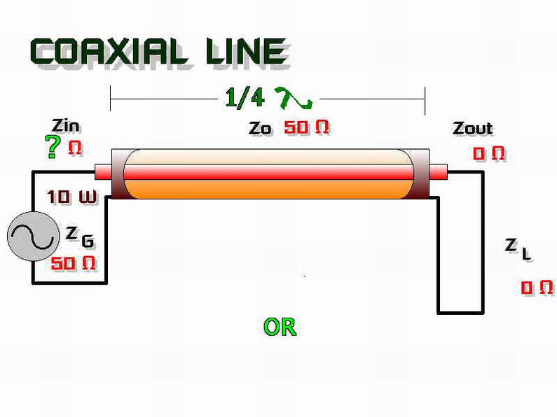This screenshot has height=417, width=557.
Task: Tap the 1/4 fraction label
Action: coord(245,97)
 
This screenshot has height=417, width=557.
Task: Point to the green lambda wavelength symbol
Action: coord(294,98)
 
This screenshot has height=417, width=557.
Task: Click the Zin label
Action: coord(66,126)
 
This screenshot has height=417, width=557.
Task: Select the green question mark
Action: coord(52,146)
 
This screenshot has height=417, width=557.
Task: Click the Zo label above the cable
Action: coord(260,128)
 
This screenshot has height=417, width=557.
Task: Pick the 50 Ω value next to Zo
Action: coord(307,127)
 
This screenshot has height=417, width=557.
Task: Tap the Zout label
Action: coord(473,128)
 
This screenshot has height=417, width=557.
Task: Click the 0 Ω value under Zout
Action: coord(489,153)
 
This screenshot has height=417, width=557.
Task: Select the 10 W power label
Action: coord(71,197)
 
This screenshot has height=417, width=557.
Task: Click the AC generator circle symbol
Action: coord(34,236)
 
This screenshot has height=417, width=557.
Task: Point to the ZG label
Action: coord(80,237)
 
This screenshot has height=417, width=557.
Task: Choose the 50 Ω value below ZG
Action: coord(73,264)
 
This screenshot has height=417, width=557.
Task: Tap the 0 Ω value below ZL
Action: coord(537,288)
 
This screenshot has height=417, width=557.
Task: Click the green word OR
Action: coord(280,327)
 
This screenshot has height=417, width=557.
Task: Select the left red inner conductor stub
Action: coord(104,172)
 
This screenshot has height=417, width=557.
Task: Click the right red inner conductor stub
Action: coord(438,172)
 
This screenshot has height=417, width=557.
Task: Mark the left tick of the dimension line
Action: coord(111,98)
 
